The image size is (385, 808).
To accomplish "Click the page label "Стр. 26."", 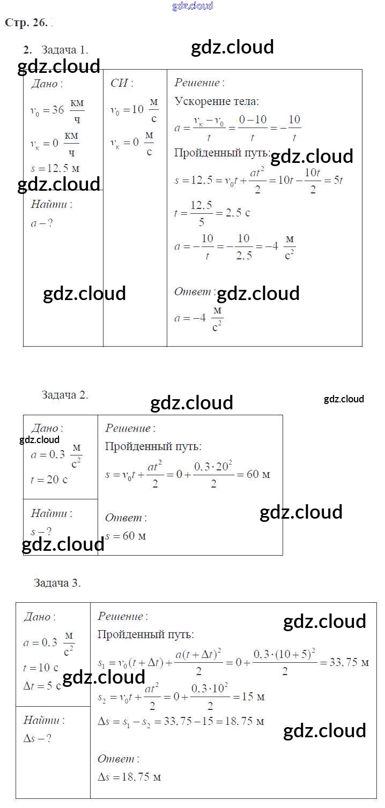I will point(26,23).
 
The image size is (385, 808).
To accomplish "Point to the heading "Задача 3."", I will point(57,583).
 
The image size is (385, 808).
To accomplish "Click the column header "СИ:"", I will point(122,83).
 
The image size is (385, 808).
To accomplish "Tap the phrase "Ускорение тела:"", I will point(217,101).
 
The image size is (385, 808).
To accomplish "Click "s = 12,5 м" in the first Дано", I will point(55,168).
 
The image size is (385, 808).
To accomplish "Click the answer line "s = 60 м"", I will point(125,536).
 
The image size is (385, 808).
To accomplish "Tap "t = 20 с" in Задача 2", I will point(49,480).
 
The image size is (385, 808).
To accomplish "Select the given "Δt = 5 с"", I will point(42,686).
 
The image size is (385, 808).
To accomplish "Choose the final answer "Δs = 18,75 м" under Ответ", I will point(129,777).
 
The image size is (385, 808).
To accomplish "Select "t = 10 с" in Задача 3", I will point(40,668).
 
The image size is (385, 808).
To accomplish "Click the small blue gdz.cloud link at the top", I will point(192,6).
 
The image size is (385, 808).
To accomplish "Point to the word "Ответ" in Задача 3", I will point(116,759).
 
